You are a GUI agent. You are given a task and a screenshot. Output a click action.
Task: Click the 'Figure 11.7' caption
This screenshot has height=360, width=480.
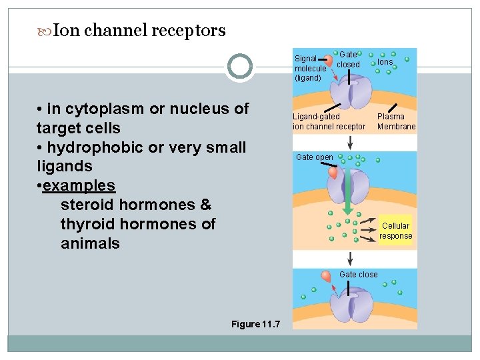click(255, 324)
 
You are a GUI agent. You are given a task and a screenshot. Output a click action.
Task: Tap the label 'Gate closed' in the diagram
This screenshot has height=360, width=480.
click(348, 59)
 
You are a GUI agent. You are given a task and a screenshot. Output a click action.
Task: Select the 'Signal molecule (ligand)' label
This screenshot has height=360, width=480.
click(310, 68)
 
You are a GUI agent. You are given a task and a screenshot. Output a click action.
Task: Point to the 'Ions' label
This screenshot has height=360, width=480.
click(385, 62)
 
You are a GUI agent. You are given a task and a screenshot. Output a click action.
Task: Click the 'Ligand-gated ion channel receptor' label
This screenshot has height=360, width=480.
click(329, 121)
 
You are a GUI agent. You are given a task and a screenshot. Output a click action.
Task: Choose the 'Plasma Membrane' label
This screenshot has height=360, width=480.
click(396, 121)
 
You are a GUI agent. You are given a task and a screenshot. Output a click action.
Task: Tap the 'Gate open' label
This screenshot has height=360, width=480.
click(315, 157)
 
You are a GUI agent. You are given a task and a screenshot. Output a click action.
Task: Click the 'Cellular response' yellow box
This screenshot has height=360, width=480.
click(396, 231)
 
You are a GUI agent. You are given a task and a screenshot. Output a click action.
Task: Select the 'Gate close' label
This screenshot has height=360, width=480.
click(358, 275)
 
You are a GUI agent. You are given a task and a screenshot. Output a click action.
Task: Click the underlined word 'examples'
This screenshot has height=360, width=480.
click(79, 185)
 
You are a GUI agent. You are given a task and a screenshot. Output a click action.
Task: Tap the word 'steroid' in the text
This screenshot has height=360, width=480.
click(89, 205)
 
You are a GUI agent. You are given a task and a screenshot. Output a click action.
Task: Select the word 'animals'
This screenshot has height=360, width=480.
click(90, 243)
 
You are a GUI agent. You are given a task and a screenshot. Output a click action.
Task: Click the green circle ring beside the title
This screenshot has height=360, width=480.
click(240, 66)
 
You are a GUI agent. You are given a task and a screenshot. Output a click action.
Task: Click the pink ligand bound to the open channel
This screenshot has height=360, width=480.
click(333, 171)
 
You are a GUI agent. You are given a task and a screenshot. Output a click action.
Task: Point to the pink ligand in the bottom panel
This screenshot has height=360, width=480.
click(327, 275)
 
